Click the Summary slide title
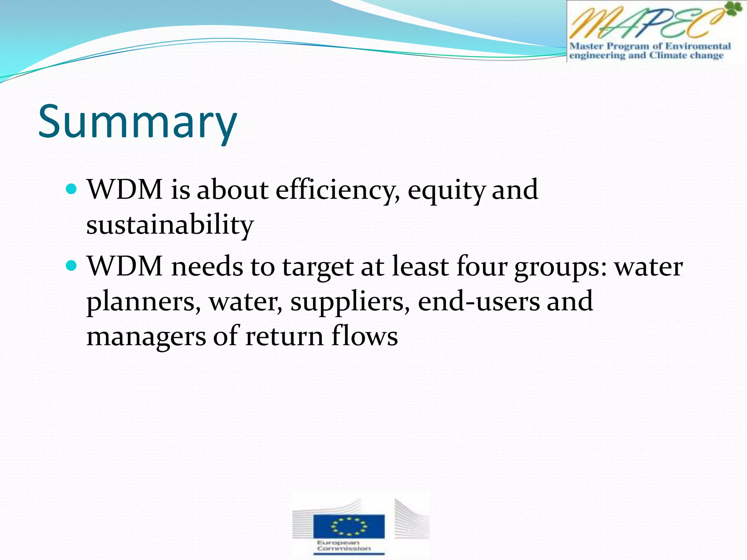point(138,122)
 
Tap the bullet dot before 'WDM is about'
point(72,189)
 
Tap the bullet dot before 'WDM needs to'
point(72,266)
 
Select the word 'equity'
point(446,191)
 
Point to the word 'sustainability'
point(170,225)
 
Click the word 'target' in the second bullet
point(318,267)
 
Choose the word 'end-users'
point(479,302)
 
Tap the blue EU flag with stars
point(349,526)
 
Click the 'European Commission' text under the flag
point(344,545)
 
